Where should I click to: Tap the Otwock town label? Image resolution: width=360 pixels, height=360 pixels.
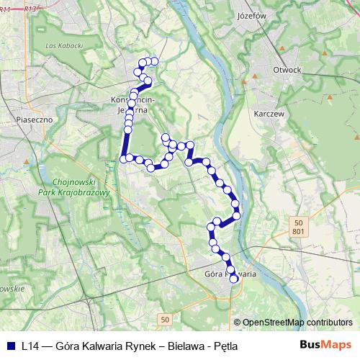(x=287, y=70)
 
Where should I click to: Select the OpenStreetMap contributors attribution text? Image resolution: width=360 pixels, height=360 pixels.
(x=297, y=323)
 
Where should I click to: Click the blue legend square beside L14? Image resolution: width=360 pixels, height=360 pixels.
(x=9, y=346)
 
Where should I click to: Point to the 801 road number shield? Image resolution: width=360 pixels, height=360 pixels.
(x=298, y=231)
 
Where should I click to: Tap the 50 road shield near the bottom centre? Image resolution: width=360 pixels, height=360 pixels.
(x=166, y=319)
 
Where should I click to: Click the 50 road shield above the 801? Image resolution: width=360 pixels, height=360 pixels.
(x=298, y=222)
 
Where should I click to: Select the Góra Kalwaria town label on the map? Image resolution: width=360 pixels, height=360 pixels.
(x=230, y=274)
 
